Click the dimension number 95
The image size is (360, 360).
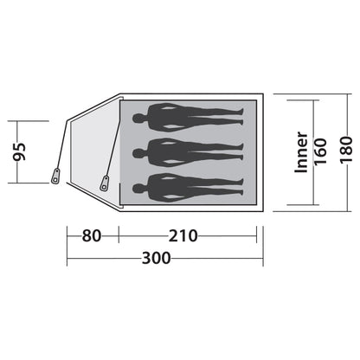tap(20, 151)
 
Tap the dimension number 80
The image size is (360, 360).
tap(92, 235)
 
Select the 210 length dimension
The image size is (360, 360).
tap(183, 235)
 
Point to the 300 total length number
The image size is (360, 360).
tap(157, 258)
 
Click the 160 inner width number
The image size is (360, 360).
tap(320, 151)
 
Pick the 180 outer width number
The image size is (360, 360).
tap(346, 150)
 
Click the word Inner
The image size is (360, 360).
tap(301, 152)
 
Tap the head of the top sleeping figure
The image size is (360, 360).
tap(138, 118)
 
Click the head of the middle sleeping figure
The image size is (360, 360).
tap(138, 153)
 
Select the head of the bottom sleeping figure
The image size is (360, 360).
tap(138, 189)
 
